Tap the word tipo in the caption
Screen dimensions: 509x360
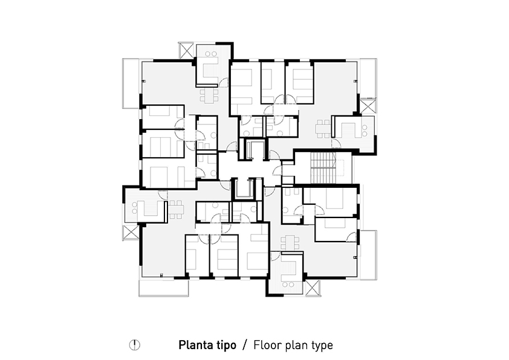point(226,345)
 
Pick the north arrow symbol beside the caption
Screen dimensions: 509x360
point(134,345)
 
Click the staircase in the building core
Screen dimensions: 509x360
point(323,168)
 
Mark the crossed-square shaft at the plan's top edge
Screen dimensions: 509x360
point(187,51)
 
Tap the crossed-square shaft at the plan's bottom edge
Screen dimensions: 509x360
point(313,288)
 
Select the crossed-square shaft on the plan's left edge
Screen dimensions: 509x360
point(131,233)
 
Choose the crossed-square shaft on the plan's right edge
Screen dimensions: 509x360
point(368,106)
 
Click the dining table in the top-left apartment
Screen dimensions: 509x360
point(208,95)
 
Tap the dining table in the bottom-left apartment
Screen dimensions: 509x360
point(176,210)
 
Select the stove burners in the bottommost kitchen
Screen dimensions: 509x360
point(287,284)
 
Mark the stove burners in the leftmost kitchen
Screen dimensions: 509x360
point(134,208)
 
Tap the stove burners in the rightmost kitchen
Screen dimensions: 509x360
point(365,130)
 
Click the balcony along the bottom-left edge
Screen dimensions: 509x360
point(164,288)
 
